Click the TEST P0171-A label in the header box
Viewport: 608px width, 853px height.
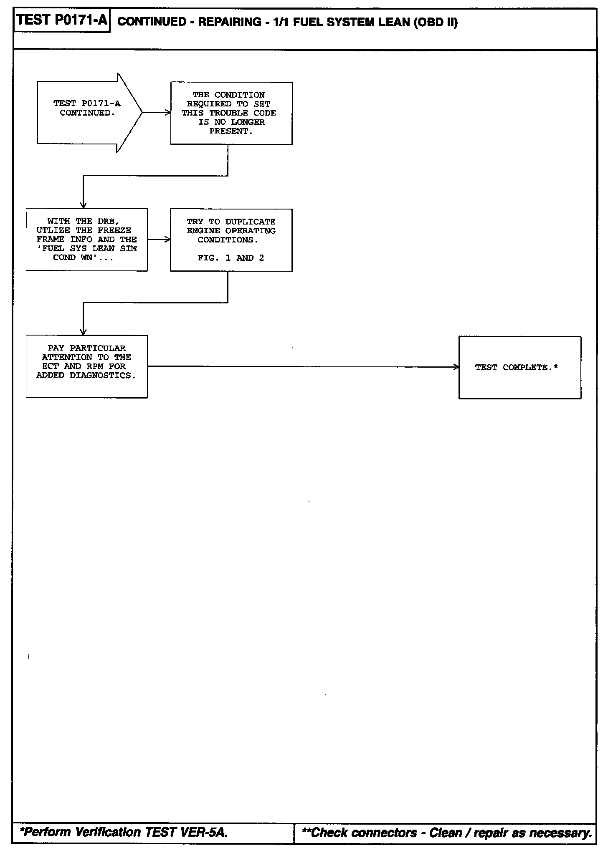point(62,20)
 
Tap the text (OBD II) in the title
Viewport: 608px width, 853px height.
point(436,22)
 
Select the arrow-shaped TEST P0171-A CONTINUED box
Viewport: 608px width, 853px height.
point(88,113)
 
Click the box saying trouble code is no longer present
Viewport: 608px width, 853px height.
point(231,113)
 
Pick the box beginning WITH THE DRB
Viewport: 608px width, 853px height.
point(87,240)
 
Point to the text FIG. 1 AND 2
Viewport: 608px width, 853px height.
point(231,258)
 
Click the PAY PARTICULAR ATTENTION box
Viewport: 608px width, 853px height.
point(86,366)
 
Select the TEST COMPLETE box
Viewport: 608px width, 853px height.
point(519,367)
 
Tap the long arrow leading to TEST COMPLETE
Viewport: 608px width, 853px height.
point(303,367)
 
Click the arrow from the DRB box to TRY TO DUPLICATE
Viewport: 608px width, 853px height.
point(159,240)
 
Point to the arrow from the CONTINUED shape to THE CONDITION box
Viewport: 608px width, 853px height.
point(156,113)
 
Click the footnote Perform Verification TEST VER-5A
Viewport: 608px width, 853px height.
point(124,832)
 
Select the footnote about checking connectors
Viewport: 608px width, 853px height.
point(446,833)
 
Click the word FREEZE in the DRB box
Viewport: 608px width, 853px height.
point(114,230)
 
